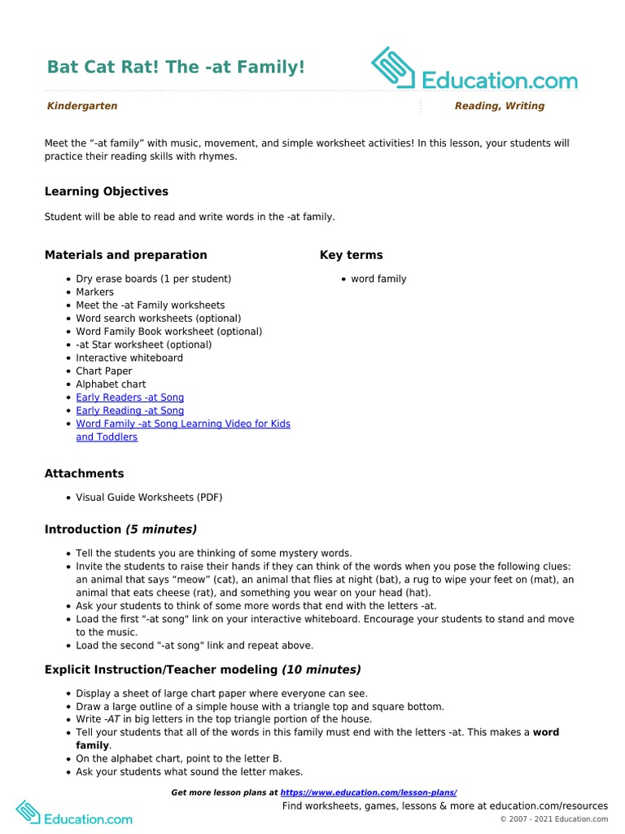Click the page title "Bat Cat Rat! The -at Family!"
[176, 67]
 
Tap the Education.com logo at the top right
[474, 70]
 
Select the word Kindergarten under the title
[82, 106]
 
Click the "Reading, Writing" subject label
[499, 106]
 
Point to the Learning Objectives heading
[107, 191]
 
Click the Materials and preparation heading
[125, 255]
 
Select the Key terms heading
[351, 255]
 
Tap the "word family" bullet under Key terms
[378, 279]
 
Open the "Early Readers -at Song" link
[129, 397]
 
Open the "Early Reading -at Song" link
[129, 410]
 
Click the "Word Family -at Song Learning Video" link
[182, 424]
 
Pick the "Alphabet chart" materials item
[111, 384]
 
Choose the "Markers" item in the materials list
[94, 292]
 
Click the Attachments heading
[84, 473]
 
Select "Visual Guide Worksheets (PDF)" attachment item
[149, 497]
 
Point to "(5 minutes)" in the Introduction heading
[161, 529]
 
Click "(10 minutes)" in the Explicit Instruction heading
[321, 669]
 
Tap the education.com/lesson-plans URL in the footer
[369, 792]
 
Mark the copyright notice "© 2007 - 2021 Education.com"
[553, 819]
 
